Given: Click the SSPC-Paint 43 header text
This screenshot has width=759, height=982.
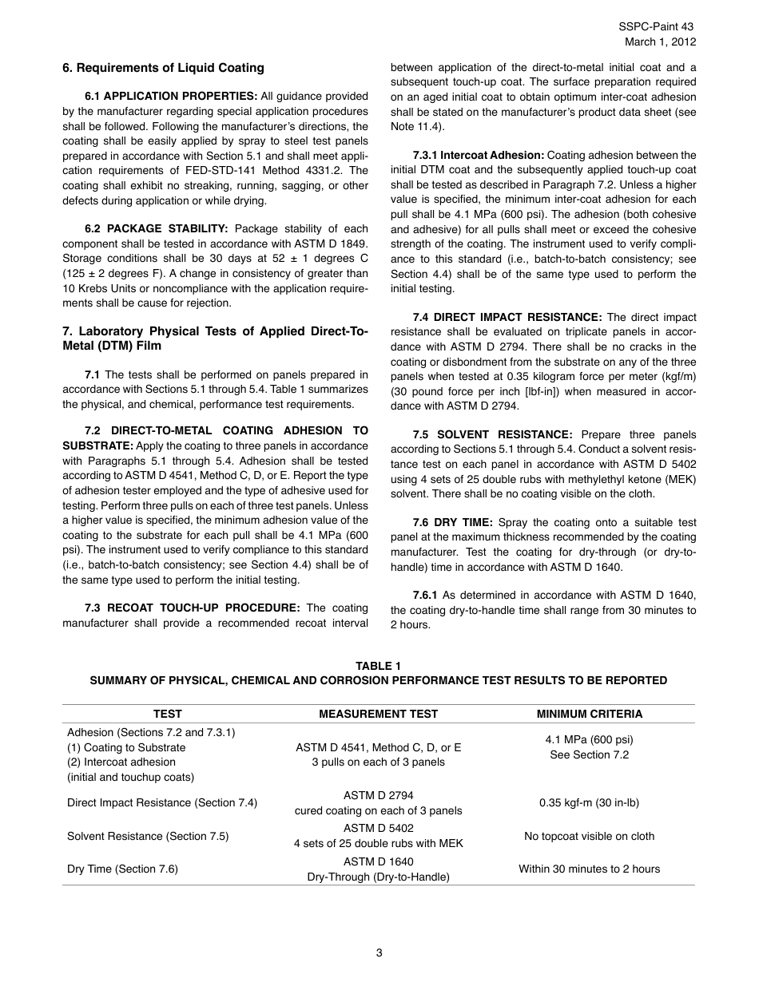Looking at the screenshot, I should coord(658,27).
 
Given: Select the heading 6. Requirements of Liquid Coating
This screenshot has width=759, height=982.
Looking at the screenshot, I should coord(163,68).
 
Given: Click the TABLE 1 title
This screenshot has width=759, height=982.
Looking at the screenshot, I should coord(379,666).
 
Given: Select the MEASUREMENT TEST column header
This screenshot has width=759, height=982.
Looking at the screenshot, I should coord(378,715).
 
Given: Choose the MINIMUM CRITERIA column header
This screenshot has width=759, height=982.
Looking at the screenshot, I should coord(589,715).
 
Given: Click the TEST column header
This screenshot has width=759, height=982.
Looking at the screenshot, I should coord(168,715).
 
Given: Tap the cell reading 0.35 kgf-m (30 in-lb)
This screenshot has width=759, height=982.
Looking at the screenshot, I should coord(589,803).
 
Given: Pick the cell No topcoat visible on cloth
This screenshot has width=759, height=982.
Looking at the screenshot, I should coord(589,837).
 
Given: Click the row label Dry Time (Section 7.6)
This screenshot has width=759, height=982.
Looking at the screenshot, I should coord(122,869).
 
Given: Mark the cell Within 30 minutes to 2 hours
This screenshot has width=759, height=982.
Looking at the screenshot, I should coord(589,869).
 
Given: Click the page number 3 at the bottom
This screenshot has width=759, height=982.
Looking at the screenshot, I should coord(379,952).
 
